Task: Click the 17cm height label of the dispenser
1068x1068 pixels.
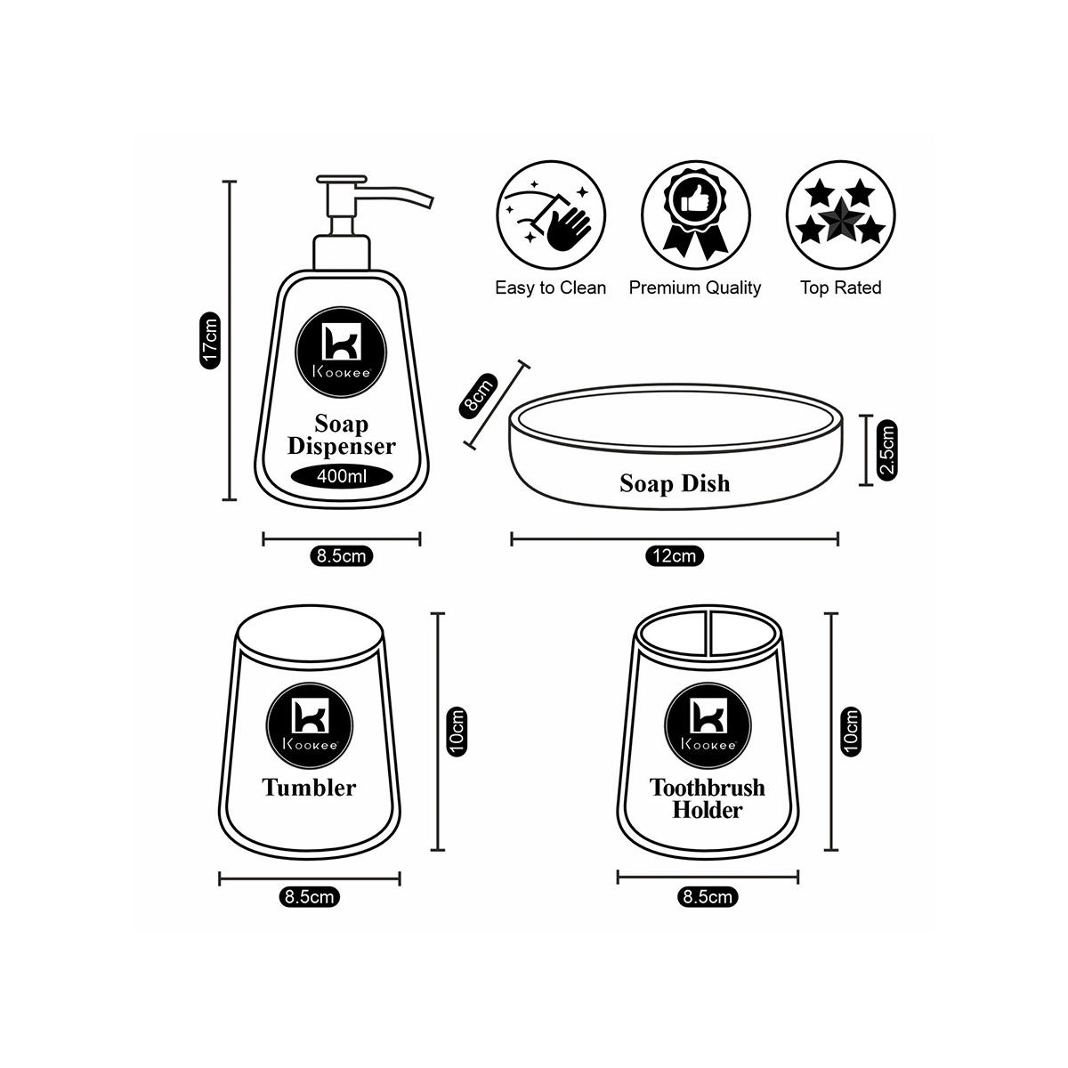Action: point(210,340)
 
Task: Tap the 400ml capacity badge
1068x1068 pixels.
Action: point(343,475)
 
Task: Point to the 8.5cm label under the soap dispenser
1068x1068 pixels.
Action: point(341,556)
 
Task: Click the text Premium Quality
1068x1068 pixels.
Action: point(695,287)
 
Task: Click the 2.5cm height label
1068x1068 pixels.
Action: point(887,450)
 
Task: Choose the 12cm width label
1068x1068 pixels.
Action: point(674,556)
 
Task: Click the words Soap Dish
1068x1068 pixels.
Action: point(674,483)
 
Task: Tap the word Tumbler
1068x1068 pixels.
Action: point(309,787)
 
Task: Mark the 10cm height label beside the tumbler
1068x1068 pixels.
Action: point(456,732)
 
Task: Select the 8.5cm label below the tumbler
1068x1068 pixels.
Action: point(309,897)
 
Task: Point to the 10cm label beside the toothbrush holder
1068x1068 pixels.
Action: point(852,732)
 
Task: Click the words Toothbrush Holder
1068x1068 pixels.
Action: point(708,798)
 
